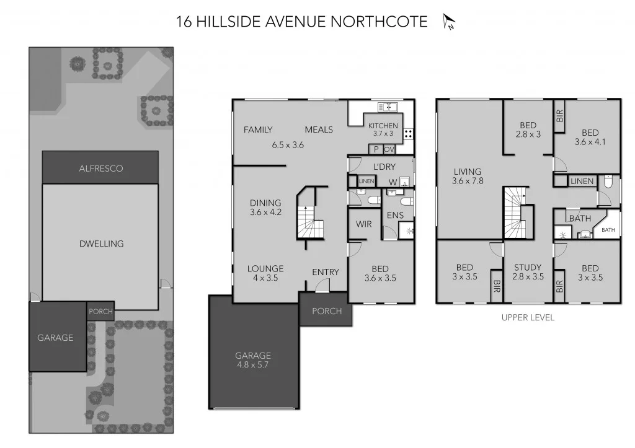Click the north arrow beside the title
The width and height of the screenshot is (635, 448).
(449, 22)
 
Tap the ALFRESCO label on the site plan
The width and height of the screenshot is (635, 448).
(100, 168)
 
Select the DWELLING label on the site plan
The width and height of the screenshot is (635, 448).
(101, 244)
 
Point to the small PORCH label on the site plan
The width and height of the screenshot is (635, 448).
(100, 312)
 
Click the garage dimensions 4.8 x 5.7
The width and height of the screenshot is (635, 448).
(252, 365)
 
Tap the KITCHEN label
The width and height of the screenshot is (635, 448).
(383, 126)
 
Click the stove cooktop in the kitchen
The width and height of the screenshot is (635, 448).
(409, 133)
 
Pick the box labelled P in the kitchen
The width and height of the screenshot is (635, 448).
(375, 149)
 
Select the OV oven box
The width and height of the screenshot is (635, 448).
(389, 149)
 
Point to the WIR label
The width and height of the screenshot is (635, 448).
(364, 224)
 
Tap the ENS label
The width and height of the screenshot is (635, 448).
(395, 215)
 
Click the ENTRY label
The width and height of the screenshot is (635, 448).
(326, 272)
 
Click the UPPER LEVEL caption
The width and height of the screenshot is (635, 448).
(528, 317)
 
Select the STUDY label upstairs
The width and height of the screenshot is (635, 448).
(528, 268)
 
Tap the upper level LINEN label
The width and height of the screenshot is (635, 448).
(582, 182)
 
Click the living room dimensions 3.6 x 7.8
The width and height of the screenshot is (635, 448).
(468, 181)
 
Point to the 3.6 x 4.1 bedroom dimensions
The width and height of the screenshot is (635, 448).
(590, 141)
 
